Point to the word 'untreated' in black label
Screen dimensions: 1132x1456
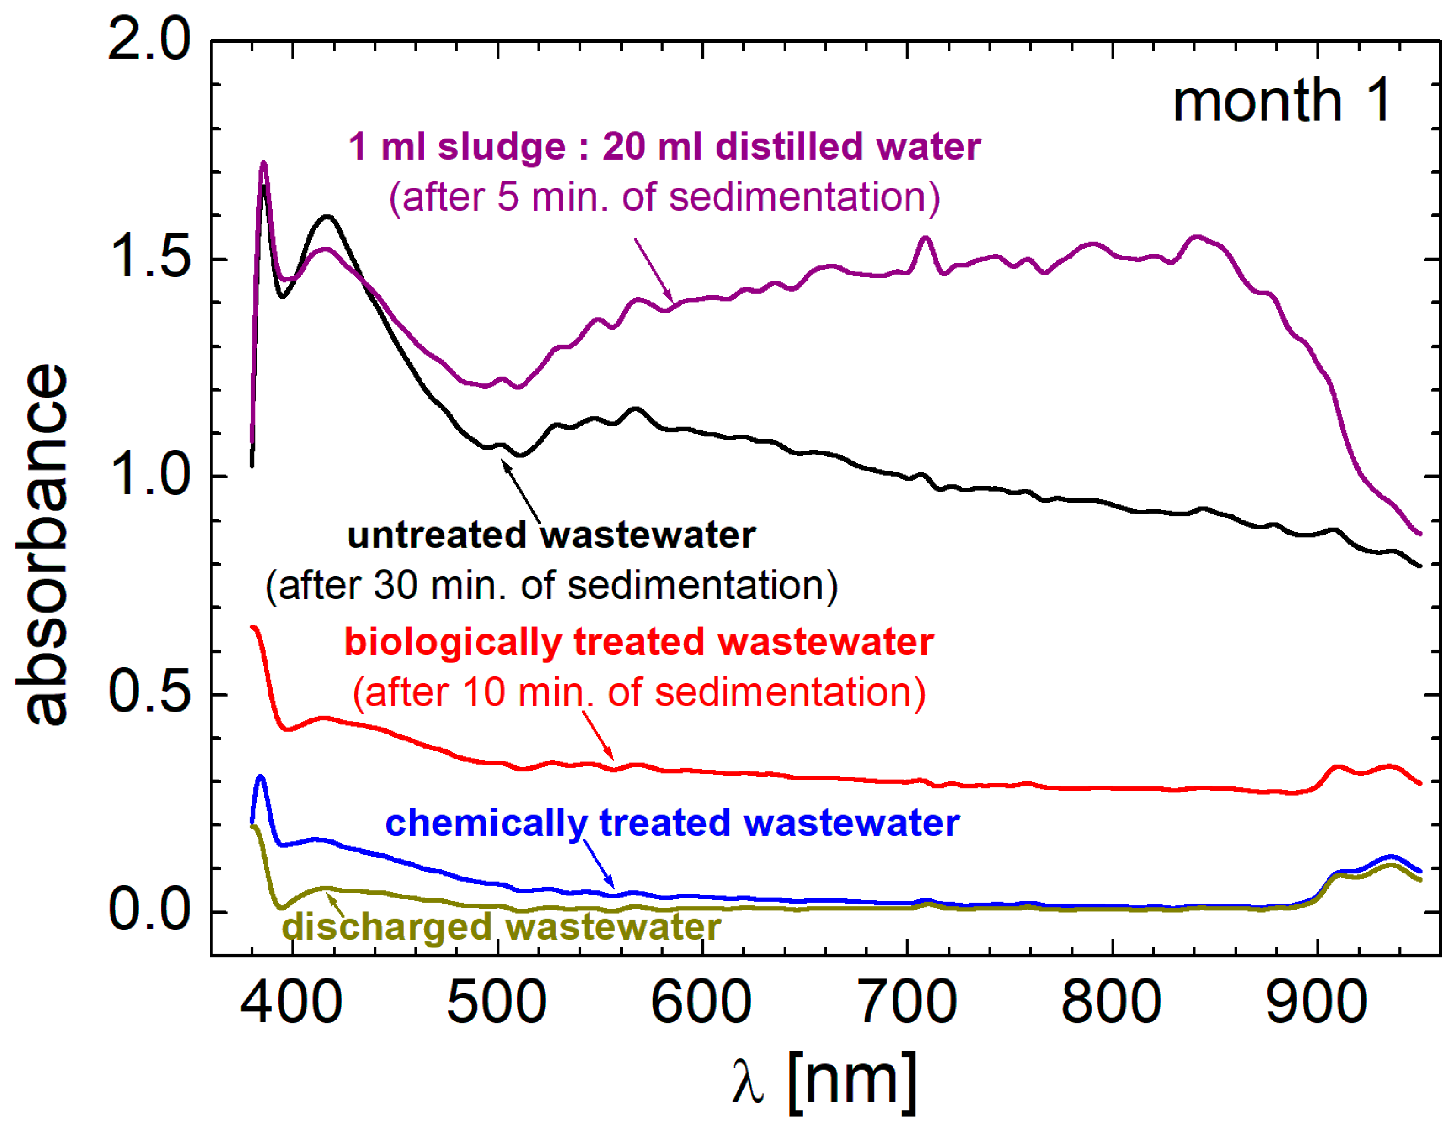[437, 535]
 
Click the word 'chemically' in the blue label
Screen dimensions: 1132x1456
[486, 823]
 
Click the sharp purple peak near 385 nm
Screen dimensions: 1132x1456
[263, 163]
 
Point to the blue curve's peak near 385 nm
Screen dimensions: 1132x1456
[261, 777]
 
